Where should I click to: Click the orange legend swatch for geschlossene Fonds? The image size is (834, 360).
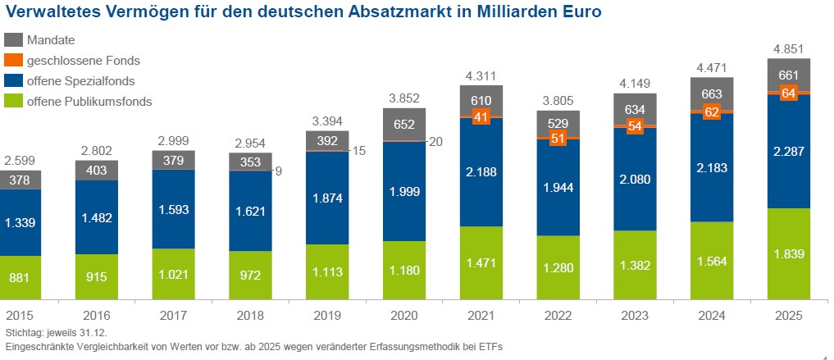[13, 61]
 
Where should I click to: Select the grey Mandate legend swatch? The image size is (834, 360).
[13, 40]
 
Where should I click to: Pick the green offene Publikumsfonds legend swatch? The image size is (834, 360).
[13, 102]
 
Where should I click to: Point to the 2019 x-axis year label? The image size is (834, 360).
[326, 316]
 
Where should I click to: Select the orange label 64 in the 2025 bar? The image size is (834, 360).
[789, 93]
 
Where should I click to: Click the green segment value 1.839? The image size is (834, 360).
[789, 254]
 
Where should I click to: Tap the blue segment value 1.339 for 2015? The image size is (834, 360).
[21, 222]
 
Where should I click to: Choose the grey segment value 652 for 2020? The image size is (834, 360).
[404, 125]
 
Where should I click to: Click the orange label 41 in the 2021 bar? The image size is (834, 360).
[481, 117]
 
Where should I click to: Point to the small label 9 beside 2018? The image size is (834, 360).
[279, 171]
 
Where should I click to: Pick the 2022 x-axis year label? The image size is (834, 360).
[558, 316]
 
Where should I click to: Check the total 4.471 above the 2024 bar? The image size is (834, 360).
[712, 66]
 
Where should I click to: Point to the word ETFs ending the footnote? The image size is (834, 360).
[489, 347]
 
